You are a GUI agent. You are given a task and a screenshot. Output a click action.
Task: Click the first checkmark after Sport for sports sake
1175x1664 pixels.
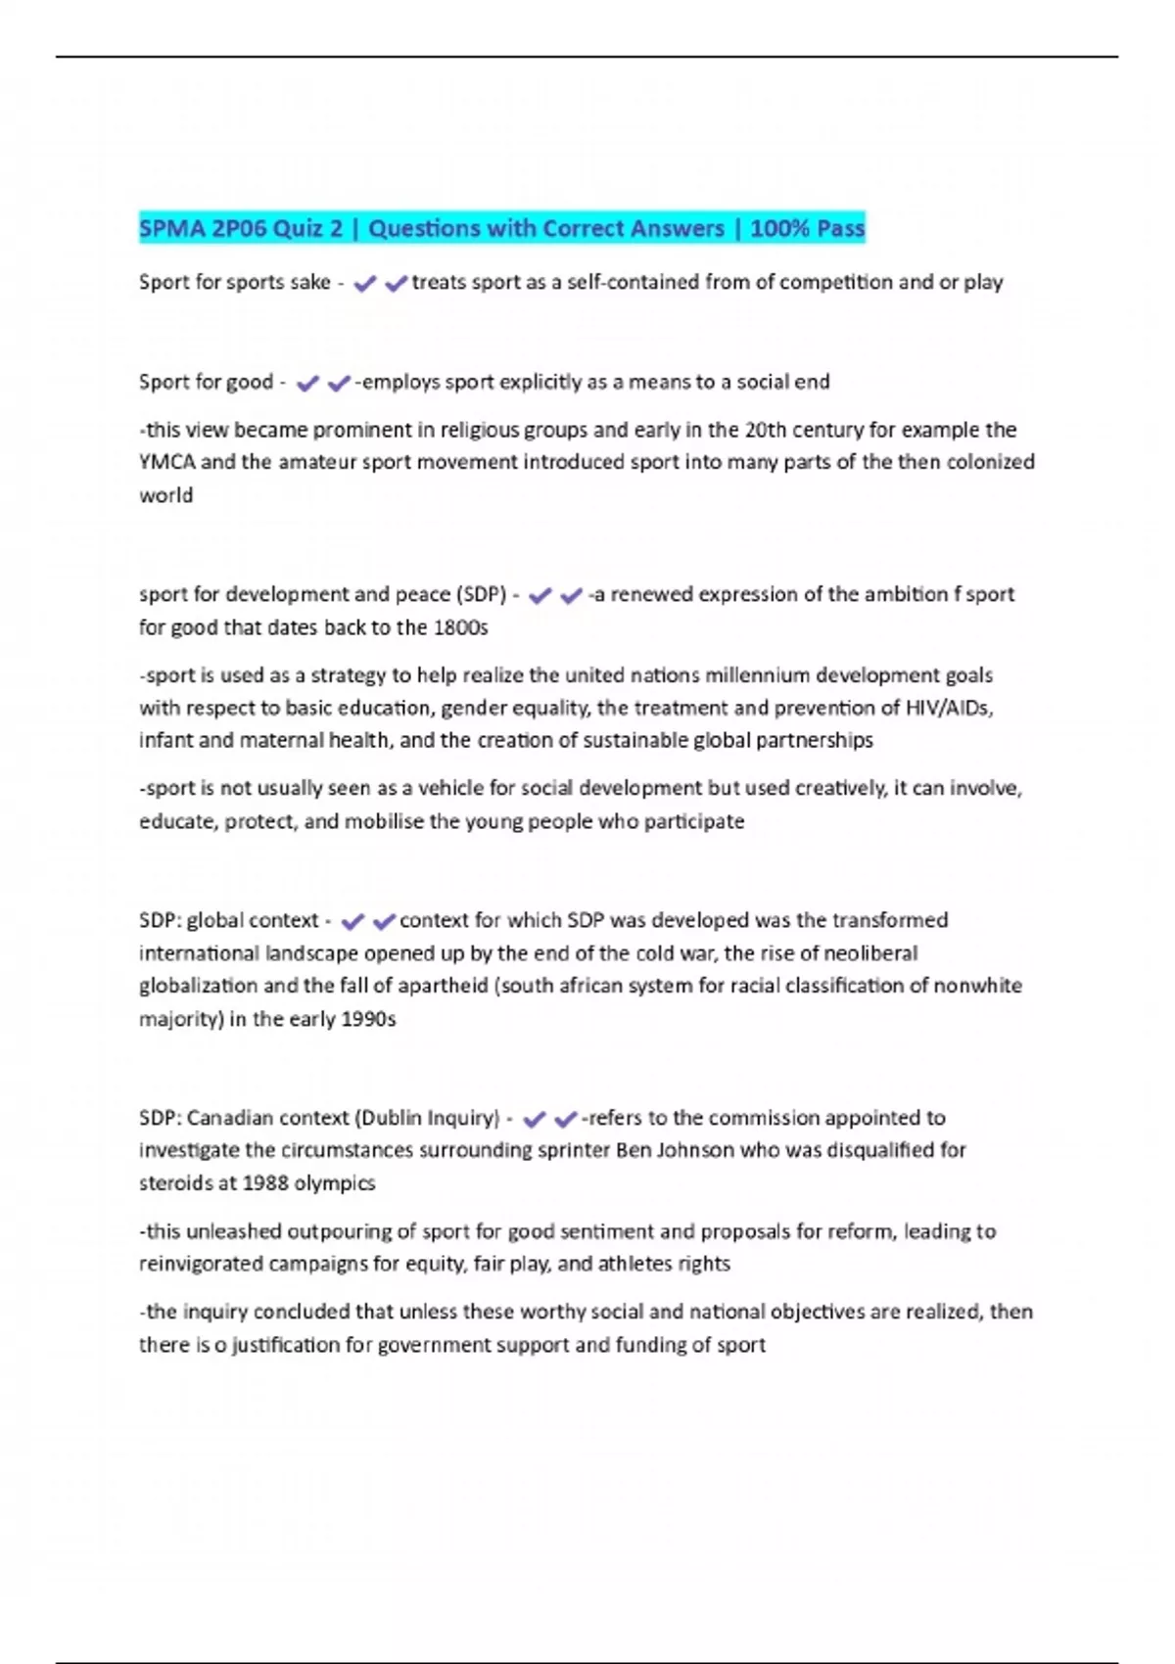click(x=364, y=284)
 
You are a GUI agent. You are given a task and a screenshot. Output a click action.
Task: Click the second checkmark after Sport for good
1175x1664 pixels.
click(x=338, y=384)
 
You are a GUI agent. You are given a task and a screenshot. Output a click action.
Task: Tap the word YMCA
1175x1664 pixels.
click(x=166, y=462)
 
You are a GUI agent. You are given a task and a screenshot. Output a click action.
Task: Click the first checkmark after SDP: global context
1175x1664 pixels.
click(x=352, y=921)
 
